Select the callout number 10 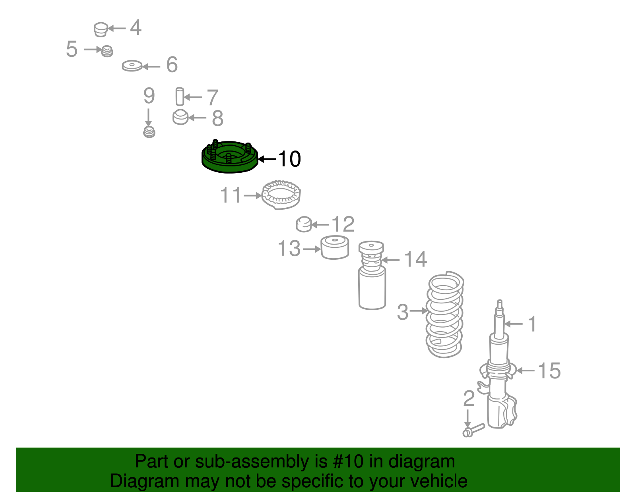click(289, 159)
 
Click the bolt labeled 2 click(473, 430)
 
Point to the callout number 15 click(549, 371)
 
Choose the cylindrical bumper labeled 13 click(335, 248)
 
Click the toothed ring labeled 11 click(281, 195)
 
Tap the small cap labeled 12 click(304, 224)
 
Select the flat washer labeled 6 click(132, 66)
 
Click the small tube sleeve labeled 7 click(180, 96)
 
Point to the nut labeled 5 click(107, 51)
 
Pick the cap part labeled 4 click(101, 30)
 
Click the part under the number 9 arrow click(149, 132)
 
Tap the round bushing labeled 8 click(180, 117)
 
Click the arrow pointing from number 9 click(148, 117)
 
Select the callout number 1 click(532, 324)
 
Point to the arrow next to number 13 click(312, 249)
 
